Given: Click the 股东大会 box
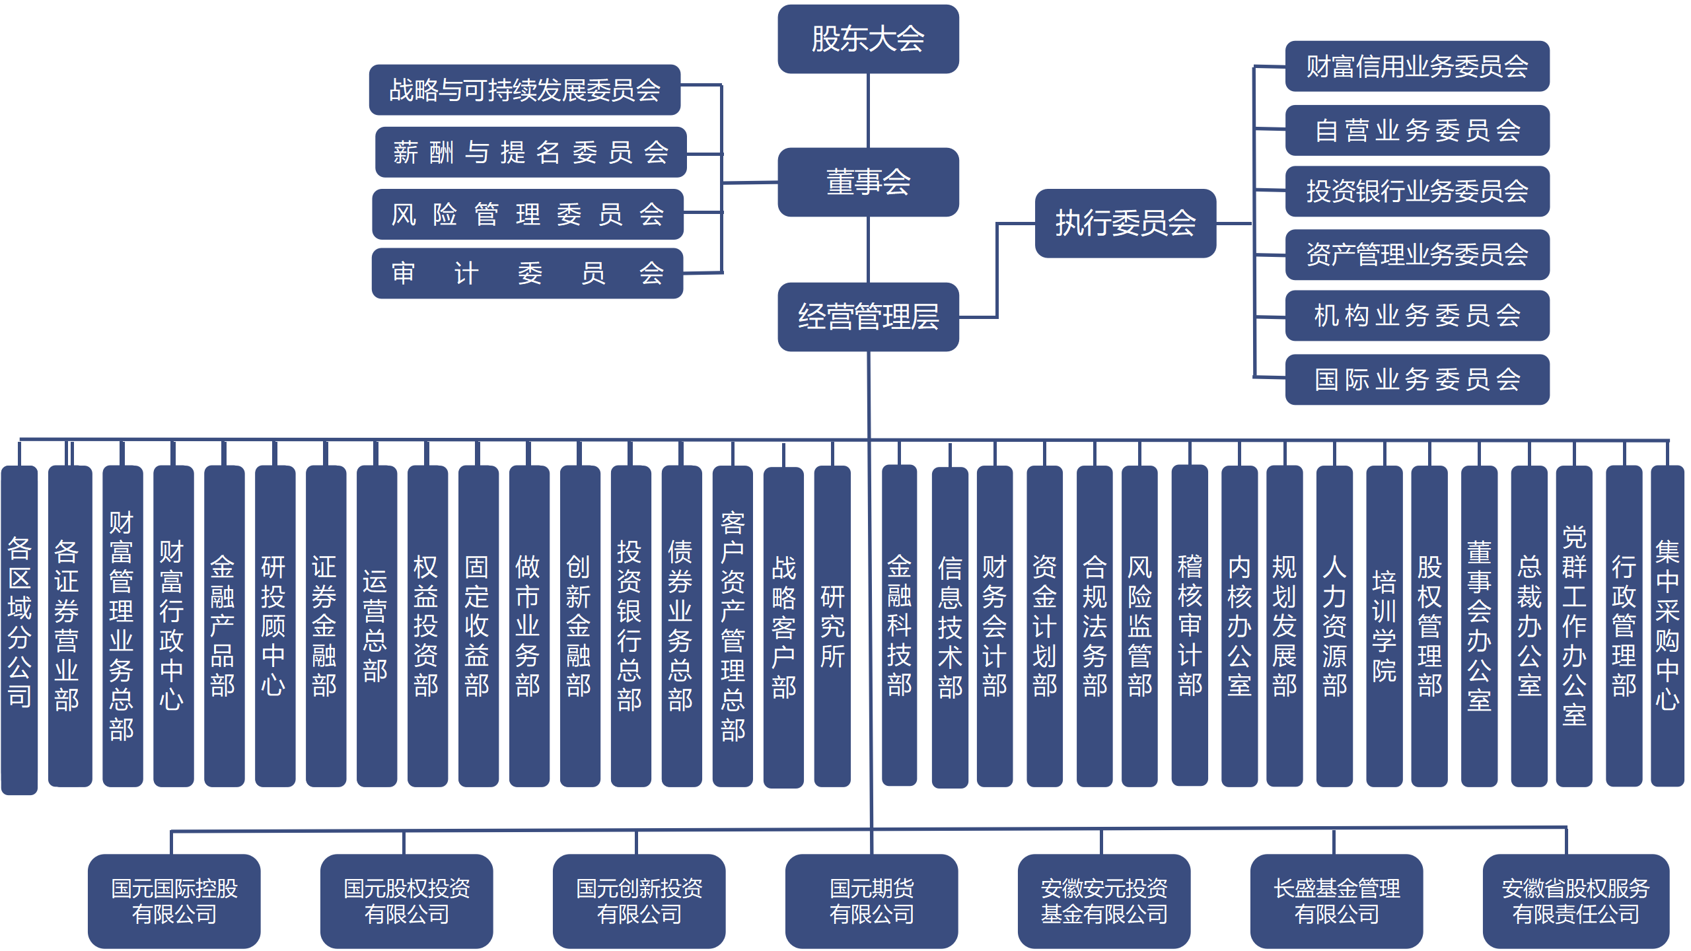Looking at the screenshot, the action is pyautogui.click(x=868, y=39).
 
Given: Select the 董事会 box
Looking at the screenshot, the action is pyautogui.click(x=868, y=182).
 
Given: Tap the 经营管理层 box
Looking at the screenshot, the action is pyautogui.click(x=868, y=317).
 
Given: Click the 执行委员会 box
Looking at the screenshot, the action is pyautogui.click(x=1125, y=223).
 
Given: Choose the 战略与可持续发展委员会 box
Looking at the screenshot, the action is pyautogui.click(x=524, y=90).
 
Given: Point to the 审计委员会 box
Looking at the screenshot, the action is pyautogui.click(x=527, y=273).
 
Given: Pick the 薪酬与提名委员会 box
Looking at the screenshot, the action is pyautogui.click(x=530, y=152).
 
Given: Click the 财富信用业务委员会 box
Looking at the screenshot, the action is pyautogui.click(x=1417, y=66).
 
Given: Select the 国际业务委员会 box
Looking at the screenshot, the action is pyautogui.click(x=1417, y=380).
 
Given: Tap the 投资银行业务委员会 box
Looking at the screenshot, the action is pyautogui.click(x=1417, y=192).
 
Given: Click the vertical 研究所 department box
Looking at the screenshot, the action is pyautogui.click(x=832, y=626).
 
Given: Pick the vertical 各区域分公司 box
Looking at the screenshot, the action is pyautogui.click(x=19, y=630).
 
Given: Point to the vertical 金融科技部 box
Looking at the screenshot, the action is pyautogui.click(x=899, y=625).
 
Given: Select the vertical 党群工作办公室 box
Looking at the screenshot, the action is pyautogui.click(x=1574, y=626).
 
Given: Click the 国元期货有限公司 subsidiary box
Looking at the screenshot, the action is pyautogui.click(x=871, y=901).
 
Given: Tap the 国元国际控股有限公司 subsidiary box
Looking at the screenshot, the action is pyautogui.click(x=174, y=901).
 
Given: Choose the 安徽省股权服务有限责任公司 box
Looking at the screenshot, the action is pyautogui.click(x=1575, y=901).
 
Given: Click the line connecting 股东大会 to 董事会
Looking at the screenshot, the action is pyautogui.click(x=868, y=110).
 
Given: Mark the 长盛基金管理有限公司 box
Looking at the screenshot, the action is pyautogui.click(x=1336, y=901).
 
